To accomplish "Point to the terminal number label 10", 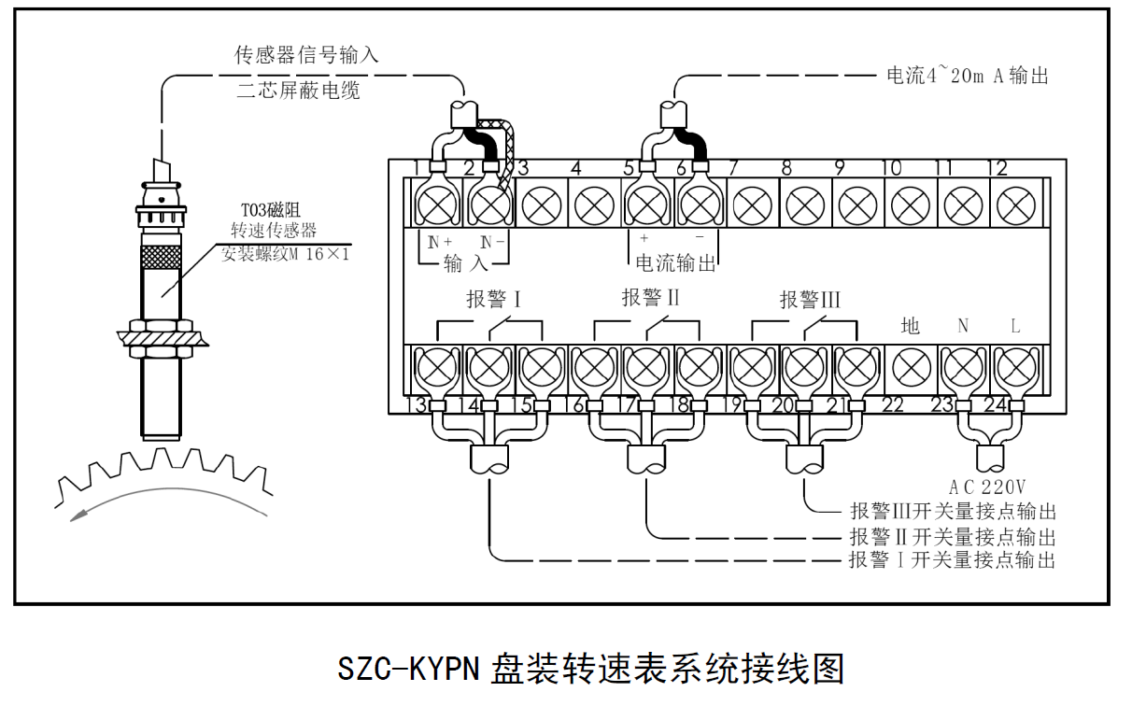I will [x=891, y=168].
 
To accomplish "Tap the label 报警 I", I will [x=492, y=300].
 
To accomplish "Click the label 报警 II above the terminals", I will [x=650, y=298].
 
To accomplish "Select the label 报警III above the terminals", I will [x=810, y=300].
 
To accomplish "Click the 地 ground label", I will [x=910, y=326].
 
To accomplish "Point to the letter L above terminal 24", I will [x=1015, y=326].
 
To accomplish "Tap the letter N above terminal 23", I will [x=963, y=326].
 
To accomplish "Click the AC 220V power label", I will [x=987, y=487].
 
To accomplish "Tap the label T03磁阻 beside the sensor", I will [x=271, y=211].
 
